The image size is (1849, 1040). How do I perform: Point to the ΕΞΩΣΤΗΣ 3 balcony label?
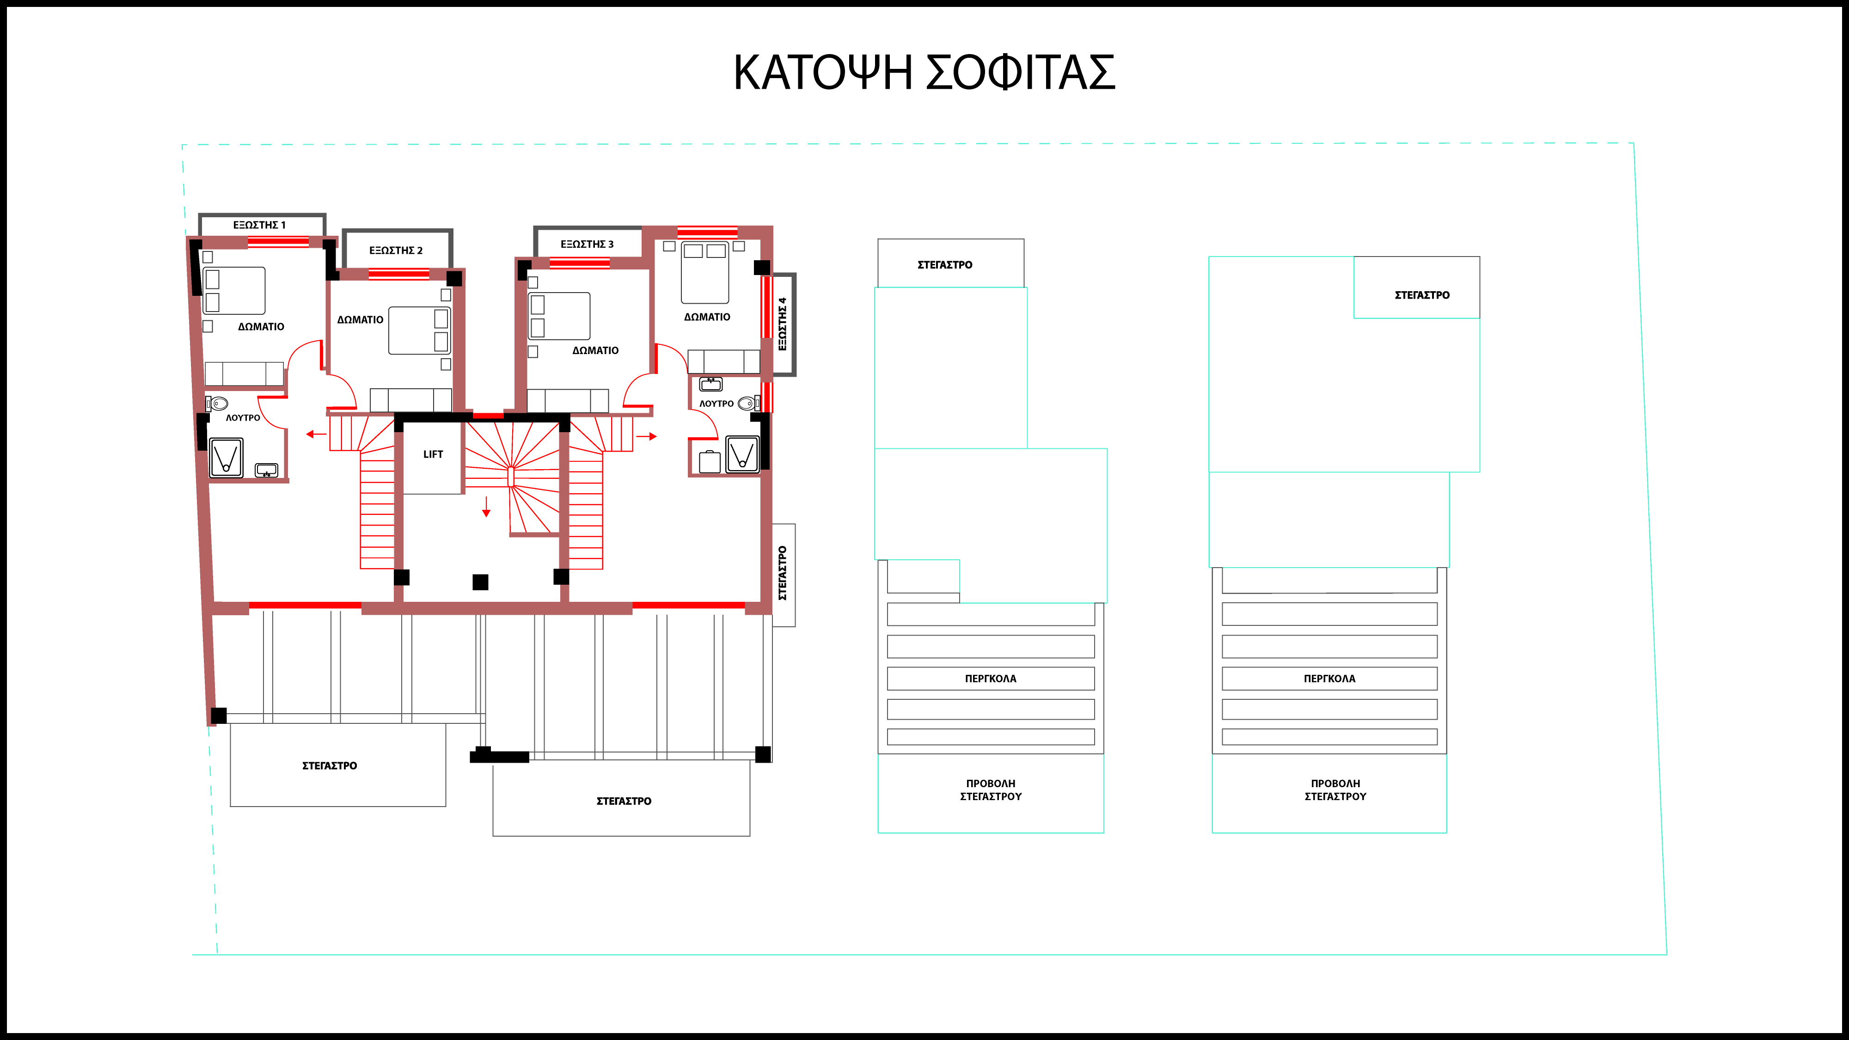coord(587,244)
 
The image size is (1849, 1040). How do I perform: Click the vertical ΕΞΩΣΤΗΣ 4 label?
coord(783,324)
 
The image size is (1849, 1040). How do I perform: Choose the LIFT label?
coord(433,454)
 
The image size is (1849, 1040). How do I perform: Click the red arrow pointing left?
coord(316,434)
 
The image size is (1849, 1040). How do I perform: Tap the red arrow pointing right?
coord(647,436)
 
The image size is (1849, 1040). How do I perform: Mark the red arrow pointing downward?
coord(486,507)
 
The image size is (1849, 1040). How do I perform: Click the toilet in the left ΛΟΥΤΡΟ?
coord(217,404)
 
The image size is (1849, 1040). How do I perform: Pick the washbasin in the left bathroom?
coord(266,471)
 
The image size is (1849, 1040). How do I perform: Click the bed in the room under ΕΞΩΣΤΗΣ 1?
coord(234,291)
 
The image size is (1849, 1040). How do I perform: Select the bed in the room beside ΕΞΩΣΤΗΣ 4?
coord(705,273)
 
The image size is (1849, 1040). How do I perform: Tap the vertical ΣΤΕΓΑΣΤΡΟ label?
coord(783,574)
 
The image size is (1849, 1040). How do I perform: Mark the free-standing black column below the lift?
coord(480,582)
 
